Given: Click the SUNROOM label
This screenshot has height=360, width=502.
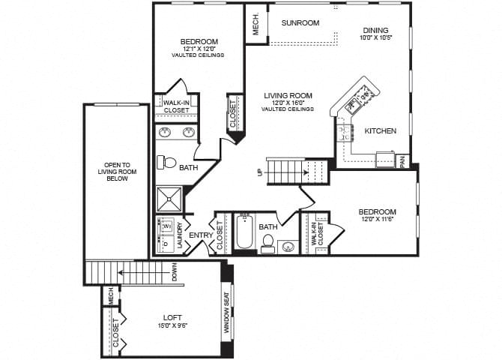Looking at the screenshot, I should tap(300, 22).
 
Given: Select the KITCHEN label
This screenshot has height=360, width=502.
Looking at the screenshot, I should tap(380, 130).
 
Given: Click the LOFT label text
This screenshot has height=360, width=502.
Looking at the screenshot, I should tap(172, 316).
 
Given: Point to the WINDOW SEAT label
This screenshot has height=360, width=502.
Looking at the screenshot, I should tap(227, 316).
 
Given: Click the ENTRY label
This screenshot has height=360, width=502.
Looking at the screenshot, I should tap(200, 235).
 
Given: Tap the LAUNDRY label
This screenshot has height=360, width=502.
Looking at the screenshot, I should tap(180, 235).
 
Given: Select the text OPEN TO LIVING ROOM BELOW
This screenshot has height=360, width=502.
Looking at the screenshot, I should tap(117, 181).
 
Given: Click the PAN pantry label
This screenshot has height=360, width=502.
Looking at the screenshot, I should tap(402, 160).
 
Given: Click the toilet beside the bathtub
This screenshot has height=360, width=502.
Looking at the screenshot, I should tap(267, 243).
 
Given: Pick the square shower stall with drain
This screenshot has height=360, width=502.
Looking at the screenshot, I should tap(169, 199).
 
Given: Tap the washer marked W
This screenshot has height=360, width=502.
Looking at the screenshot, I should tap(166, 225).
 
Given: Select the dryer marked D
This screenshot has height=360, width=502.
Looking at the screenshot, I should tap(166, 244).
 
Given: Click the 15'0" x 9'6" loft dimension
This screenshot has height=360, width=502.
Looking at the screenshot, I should tap(172, 325).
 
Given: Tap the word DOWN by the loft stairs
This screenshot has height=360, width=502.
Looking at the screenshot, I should tap(174, 273).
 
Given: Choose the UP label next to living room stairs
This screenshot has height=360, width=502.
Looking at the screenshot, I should tap(260, 172).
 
